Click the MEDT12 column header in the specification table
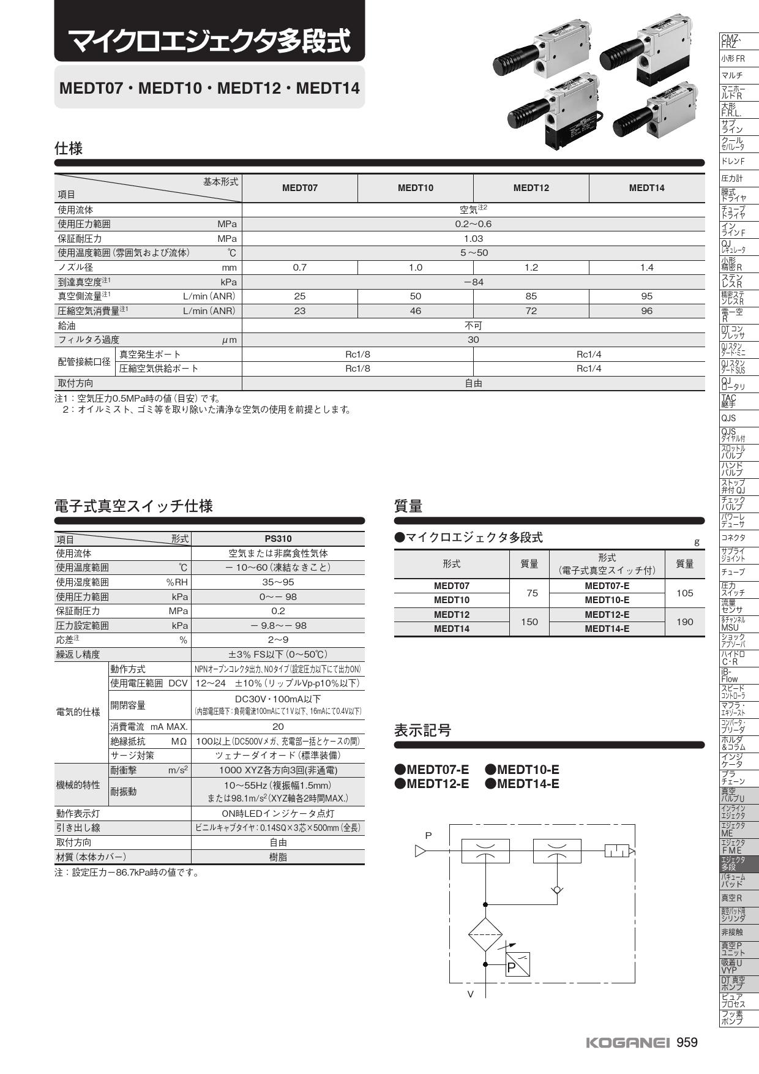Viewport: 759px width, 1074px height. (531, 188)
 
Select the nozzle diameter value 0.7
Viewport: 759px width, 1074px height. (299, 268)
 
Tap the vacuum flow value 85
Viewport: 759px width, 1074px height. (531, 296)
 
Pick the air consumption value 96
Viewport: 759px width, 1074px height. (646, 311)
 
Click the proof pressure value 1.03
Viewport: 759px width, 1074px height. (473, 239)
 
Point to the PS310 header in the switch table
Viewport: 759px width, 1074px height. (278, 539)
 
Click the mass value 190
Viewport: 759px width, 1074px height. (684, 622)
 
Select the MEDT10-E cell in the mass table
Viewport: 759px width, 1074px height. (607, 600)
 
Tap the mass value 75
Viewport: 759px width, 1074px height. (532, 593)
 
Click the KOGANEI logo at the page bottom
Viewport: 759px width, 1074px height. (628, 1043)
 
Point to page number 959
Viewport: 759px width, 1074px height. (687, 1043)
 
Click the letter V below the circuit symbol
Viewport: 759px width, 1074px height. (470, 994)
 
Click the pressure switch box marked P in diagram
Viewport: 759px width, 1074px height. (517, 964)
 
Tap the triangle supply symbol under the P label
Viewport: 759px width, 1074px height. (421, 851)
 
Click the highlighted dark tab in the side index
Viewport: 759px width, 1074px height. (739, 863)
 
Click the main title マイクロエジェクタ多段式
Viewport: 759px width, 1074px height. (210, 42)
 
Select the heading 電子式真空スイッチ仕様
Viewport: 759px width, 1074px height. (133, 506)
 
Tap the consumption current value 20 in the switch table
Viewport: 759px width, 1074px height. (278, 727)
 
